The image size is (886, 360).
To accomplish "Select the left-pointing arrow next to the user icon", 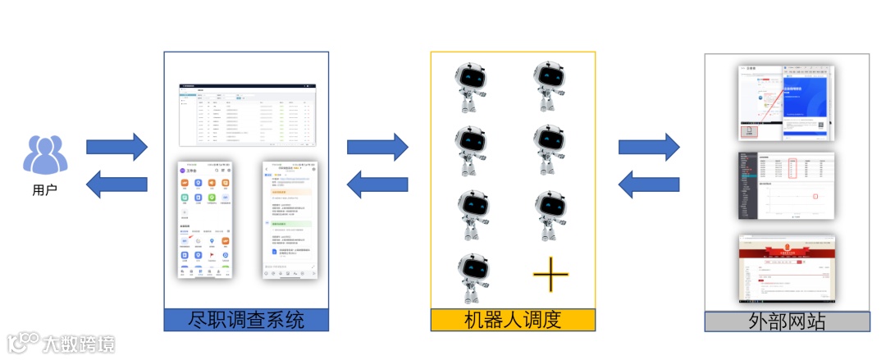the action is tap(116, 182).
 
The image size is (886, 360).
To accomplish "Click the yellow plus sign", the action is tap(550, 275).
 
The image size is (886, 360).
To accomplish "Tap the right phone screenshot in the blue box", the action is tap(290, 219).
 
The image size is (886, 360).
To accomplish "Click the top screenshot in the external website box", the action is tap(787, 102).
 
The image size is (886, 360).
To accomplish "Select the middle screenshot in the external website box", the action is tap(787, 186).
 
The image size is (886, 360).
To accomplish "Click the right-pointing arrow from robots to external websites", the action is tap(648, 146).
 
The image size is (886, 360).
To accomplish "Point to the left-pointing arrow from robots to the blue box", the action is tap(377, 183).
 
